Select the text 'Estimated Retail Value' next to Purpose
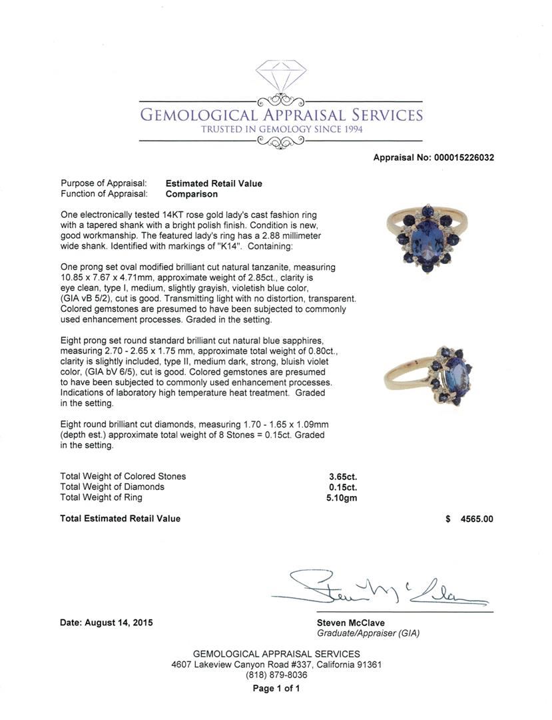(x=214, y=183)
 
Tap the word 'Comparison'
(x=192, y=194)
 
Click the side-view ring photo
(x=429, y=377)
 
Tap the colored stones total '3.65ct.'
(x=343, y=476)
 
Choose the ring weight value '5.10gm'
(x=343, y=497)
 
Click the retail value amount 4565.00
(x=477, y=519)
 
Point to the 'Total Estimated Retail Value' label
(x=121, y=519)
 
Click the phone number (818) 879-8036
(x=276, y=675)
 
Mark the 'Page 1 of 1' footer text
(x=276, y=688)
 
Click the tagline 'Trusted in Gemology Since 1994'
(x=282, y=129)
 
